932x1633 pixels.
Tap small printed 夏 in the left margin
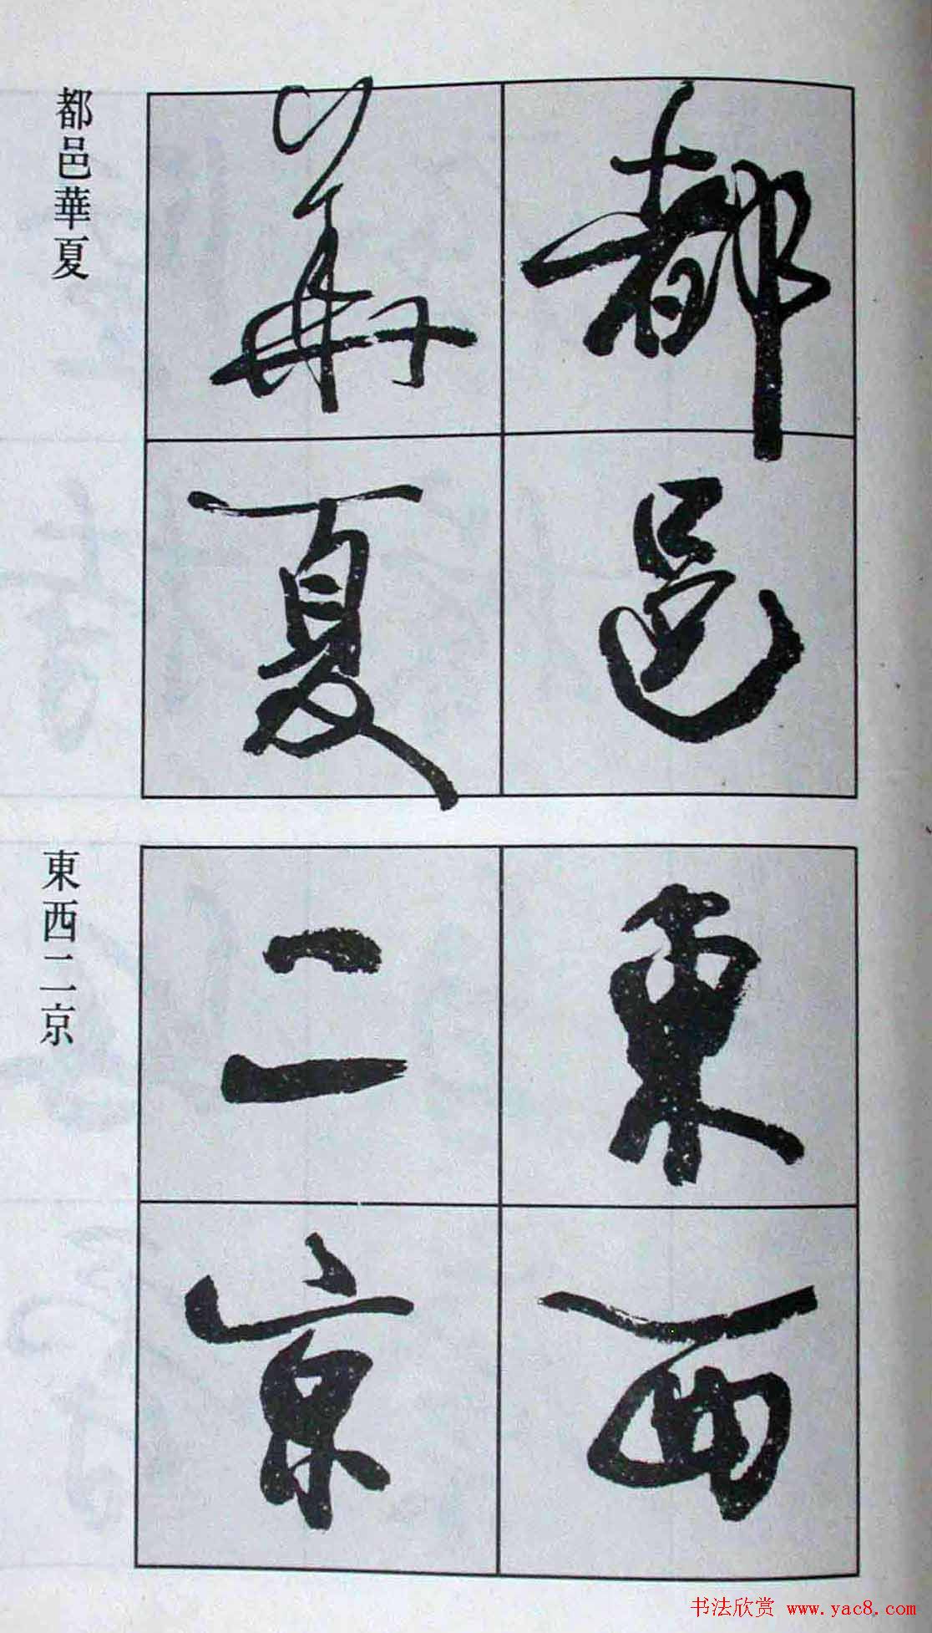(x=73, y=263)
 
